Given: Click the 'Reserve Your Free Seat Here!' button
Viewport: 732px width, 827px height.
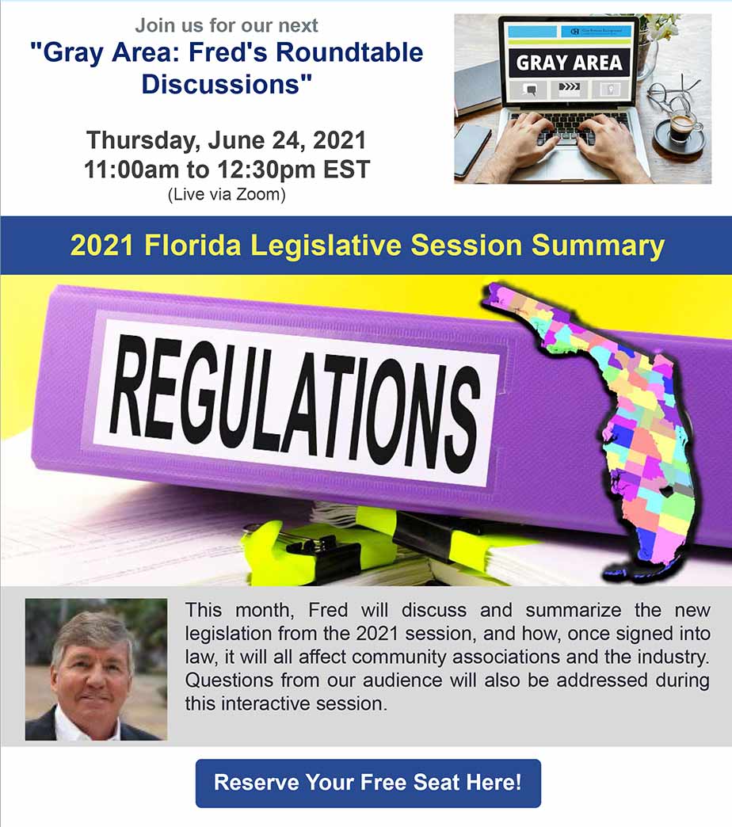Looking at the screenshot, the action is [x=368, y=783].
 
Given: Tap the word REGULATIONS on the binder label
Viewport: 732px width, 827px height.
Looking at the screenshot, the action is [x=295, y=402].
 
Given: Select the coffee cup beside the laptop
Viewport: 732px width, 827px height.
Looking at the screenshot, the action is [x=681, y=128].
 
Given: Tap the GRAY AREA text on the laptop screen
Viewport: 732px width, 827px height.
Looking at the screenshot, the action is [x=569, y=63].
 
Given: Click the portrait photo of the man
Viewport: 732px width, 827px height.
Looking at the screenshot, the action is [x=96, y=669].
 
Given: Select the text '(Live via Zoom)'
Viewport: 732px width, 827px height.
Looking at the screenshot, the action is [x=227, y=194].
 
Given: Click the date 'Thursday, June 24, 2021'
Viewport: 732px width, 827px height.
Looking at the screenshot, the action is [x=227, y=140].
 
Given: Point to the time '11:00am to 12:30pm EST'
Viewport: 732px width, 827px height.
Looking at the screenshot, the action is [x=227, y=170].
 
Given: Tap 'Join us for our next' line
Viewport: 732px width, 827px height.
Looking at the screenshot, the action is [x=227, y=25].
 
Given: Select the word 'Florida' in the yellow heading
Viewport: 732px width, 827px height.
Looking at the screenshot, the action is [x=193, y=246].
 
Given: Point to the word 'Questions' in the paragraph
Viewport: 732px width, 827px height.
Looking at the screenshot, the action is [x=229, y=680].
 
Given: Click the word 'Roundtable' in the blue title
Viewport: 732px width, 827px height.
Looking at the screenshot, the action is [x=349, y=53].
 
